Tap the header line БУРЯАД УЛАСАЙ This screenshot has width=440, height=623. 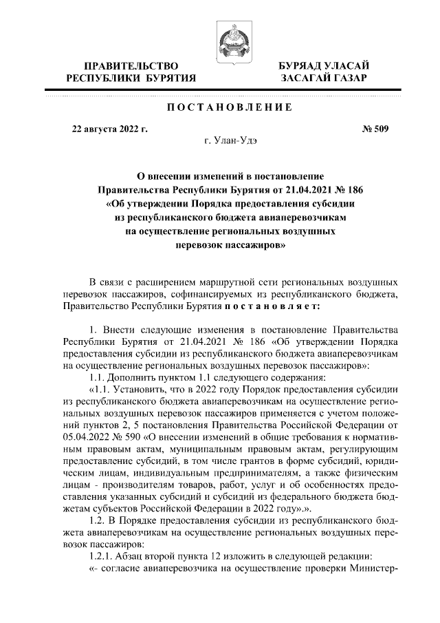click(323, 65)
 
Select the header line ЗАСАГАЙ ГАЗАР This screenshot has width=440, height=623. click(323, 78)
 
